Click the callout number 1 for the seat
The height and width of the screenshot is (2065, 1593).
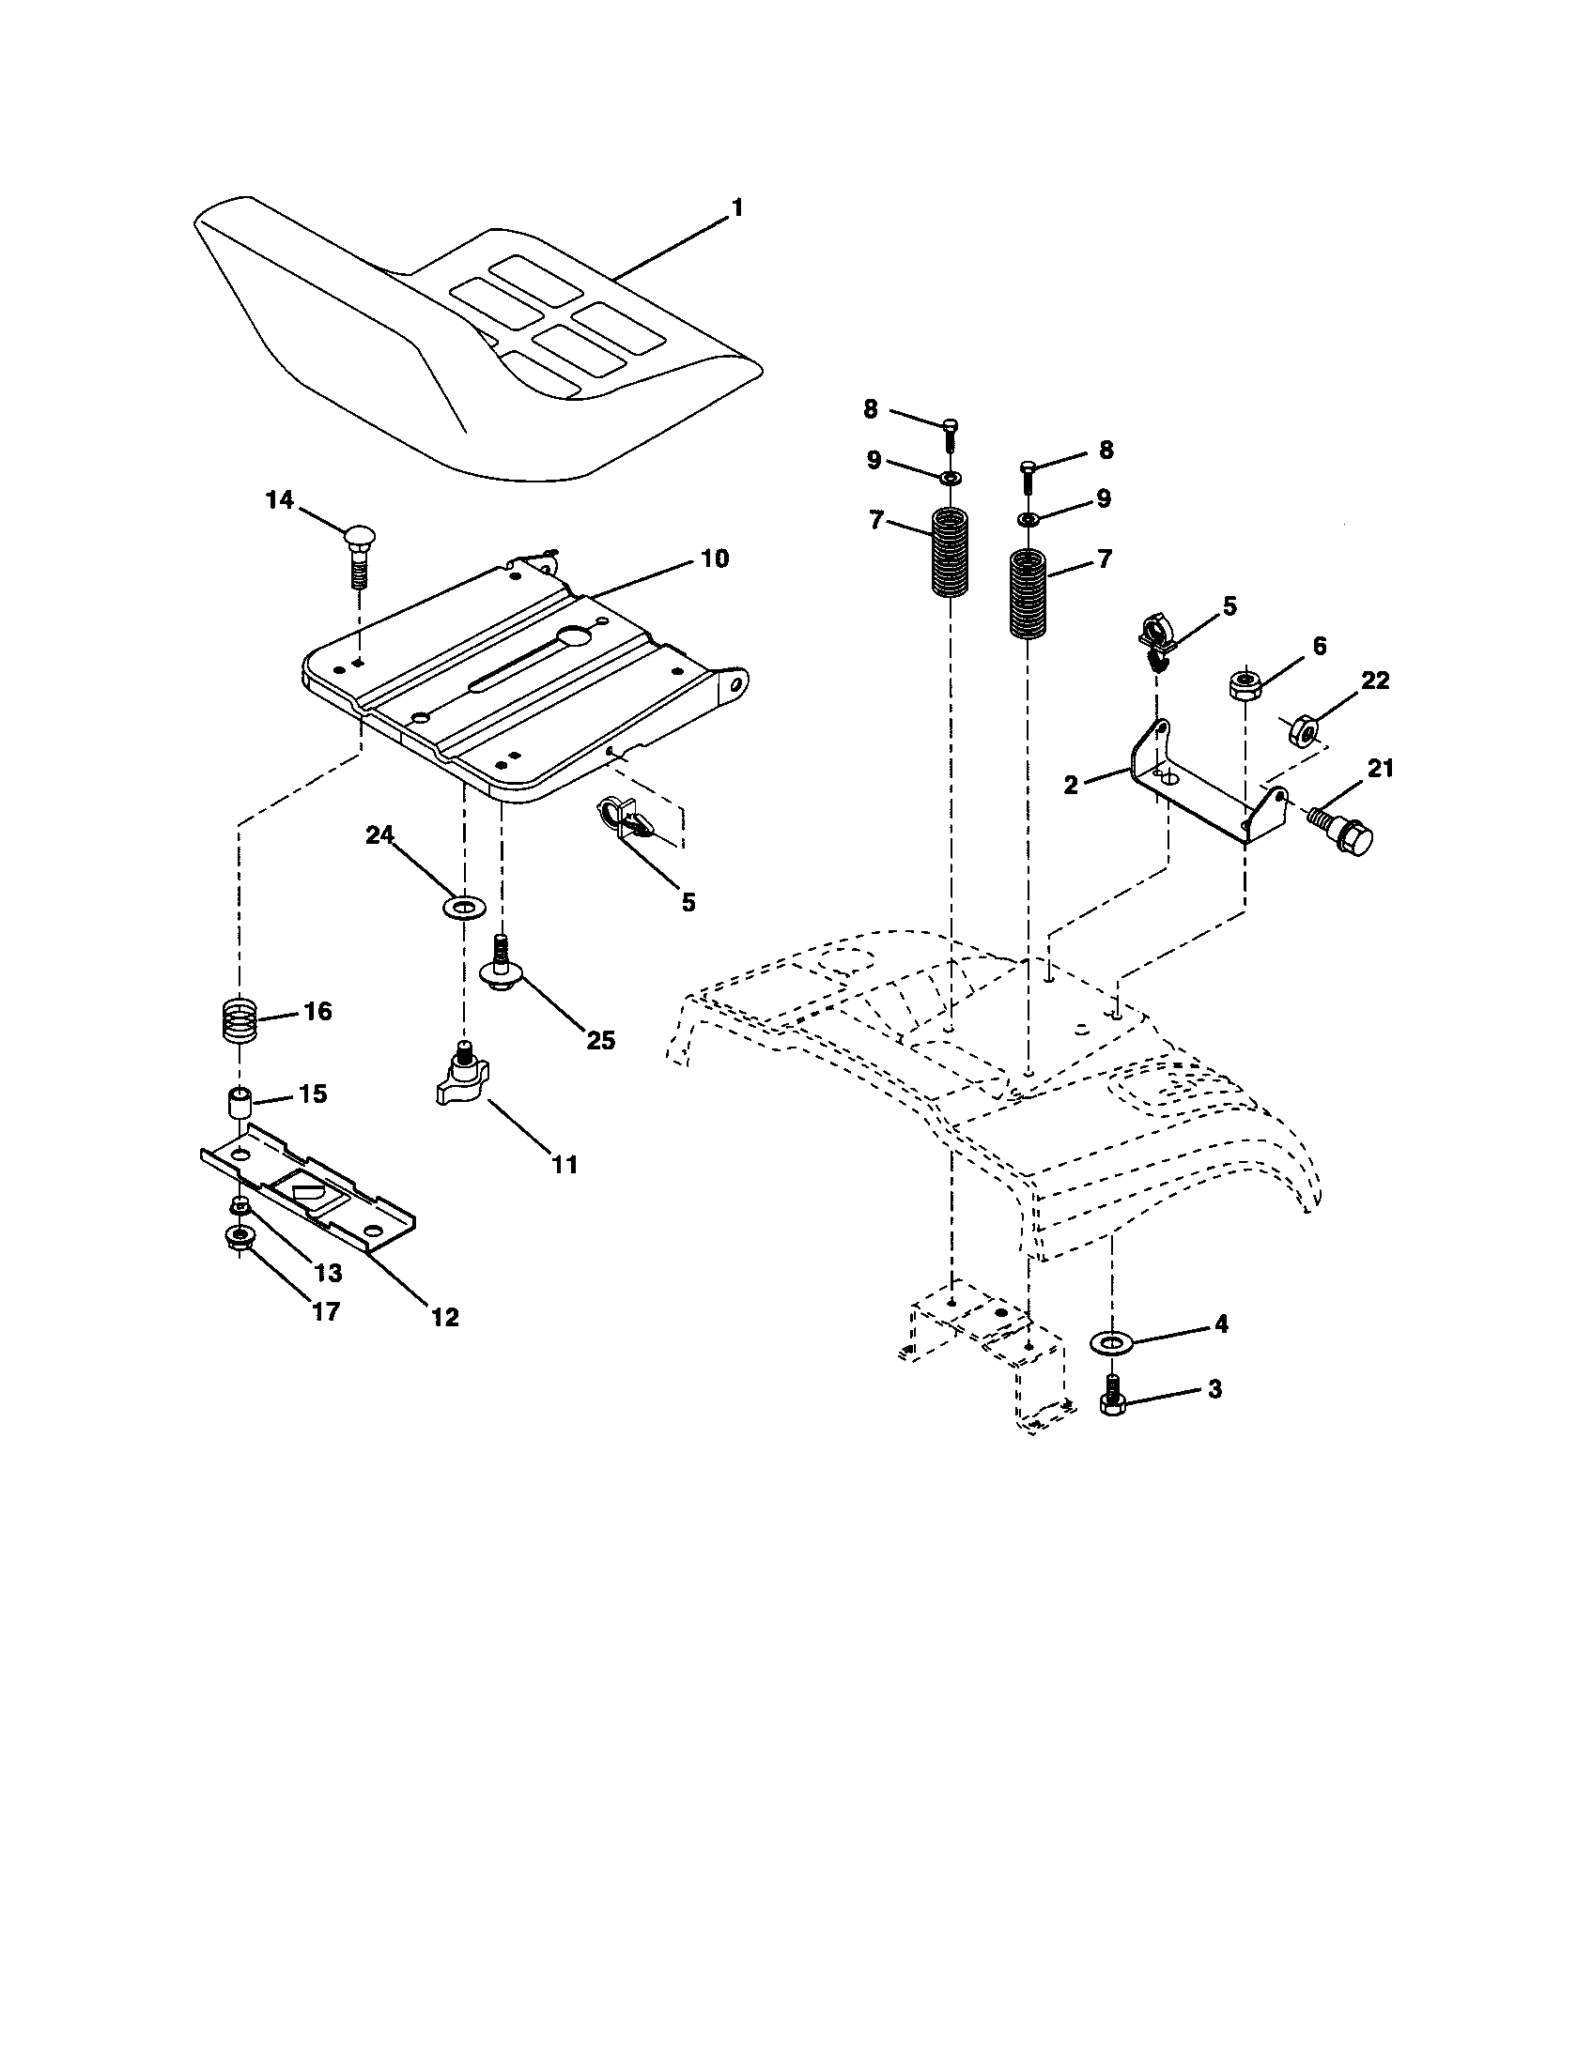[x=737, y=208]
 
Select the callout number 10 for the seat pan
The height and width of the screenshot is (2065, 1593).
[x=715, y=558]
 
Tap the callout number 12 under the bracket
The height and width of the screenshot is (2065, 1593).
[x=444, y=1316]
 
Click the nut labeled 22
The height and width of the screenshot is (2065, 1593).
[x=1307, y=731]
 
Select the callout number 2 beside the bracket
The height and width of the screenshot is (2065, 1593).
[x=1070, y=784]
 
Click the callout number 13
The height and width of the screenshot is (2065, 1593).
[x=327, y=1273]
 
